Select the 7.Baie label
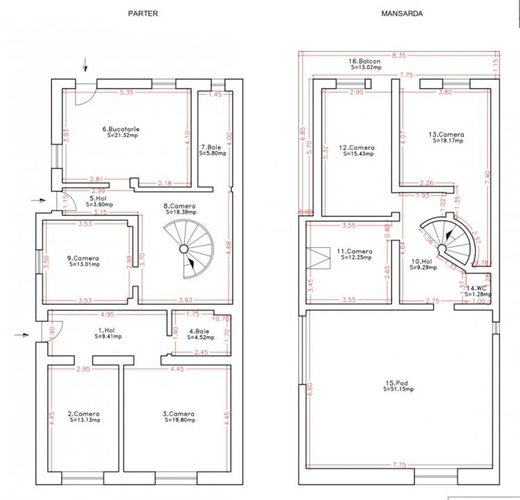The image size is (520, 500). pos(212,147)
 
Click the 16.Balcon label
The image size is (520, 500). pos(365,61)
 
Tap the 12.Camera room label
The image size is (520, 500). pos(358,147)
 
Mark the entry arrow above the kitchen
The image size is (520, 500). pos(86,65)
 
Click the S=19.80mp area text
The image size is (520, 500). pos(179,420)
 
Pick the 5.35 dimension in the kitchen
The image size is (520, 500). pos(126,92)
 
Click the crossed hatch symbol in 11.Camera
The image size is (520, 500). pos(321,258)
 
